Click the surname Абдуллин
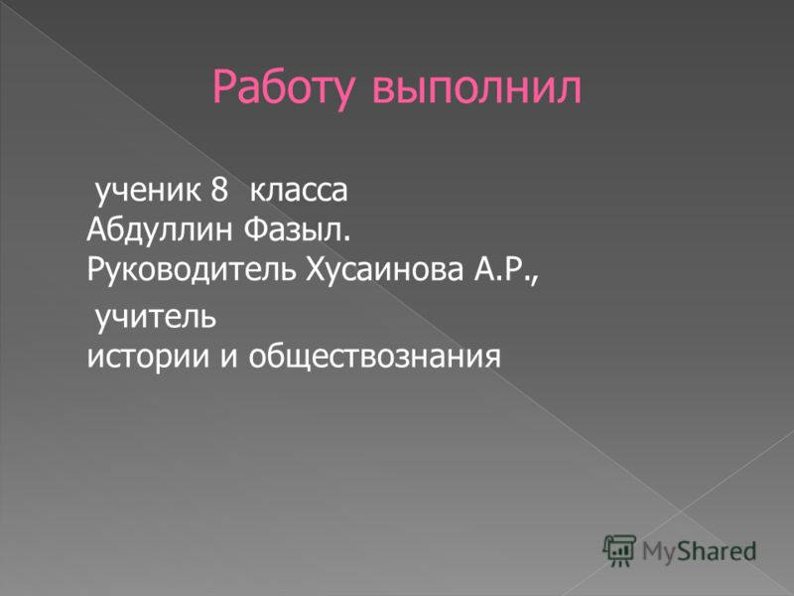click(x=159, y=231)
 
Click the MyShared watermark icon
click(x=619, y=549)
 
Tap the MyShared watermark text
click(x=699, y=550)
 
